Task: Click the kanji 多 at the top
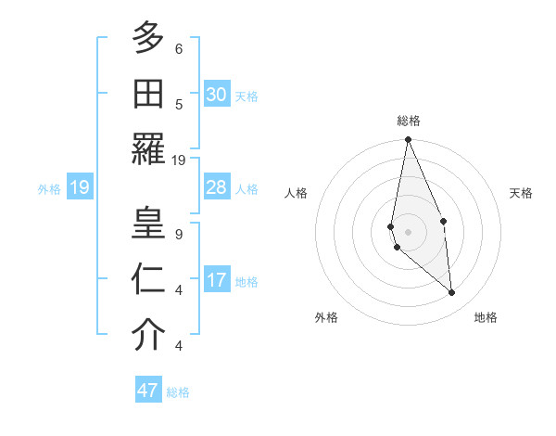(x=148, y=37)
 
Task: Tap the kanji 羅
(x=148, y=148)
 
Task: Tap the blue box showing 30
(x=217, y=95)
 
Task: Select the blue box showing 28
(x=217, y=187)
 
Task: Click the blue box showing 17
(x=217, y=280)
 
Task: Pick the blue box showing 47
(x=148, y=391)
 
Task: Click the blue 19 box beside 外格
(x=79, y=188)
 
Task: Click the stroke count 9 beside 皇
(x=179, y=234)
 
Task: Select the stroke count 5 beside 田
(x=179, y=104)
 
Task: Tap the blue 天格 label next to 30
(x=246, y=96)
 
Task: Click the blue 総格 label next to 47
(x=178, y=392)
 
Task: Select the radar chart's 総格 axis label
(x=408, y=121)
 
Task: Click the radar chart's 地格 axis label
(x=486, y=317)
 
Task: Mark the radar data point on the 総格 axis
(x=408, y=140)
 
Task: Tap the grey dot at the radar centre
(x=408, y=231)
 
